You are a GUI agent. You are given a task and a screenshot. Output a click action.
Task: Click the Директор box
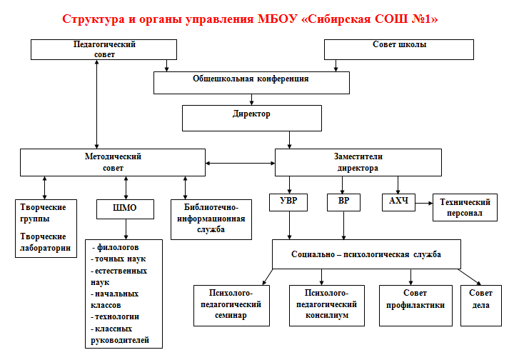click(x=252, y=118)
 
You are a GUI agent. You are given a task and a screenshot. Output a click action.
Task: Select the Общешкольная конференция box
click(x=251, y=83)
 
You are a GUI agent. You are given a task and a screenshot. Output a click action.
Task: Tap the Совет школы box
click(x=399, y=49)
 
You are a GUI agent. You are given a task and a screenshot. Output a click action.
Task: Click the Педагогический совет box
click(x=104, y=49)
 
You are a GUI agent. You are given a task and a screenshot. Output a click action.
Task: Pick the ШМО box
click(x=126, y=209)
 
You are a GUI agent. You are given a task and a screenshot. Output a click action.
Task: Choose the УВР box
click(x=288, y=202)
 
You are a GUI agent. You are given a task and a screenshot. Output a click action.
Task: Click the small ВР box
click(x=343, y=202)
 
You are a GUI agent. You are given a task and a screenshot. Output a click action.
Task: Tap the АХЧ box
click(x=398, y=202)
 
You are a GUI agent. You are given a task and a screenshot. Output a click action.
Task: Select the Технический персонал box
click(x=465, y=208)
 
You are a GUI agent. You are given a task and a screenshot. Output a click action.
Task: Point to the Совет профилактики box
click(x=415, y=306)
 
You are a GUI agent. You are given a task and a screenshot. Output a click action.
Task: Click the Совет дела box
click(x=481, y=306)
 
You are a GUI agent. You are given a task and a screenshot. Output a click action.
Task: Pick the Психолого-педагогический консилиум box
click(x=327, y=306)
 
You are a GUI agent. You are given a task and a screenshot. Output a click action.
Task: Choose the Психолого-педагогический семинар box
click(x=231, y=306)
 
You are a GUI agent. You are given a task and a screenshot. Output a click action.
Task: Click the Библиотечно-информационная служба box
click(x=211, y=219)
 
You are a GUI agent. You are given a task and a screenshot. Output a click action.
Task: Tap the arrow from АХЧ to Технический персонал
click(x=424, y=204)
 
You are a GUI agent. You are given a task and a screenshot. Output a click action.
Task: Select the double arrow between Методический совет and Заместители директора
click(x=240, y=163)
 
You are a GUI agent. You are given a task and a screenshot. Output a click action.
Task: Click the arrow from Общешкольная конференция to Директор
click(x=251, y=99)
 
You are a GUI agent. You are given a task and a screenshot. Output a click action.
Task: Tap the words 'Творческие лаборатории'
click(x=45, y=242)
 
